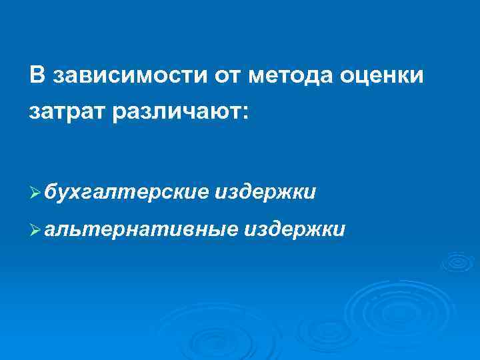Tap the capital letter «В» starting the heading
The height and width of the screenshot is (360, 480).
[37, 75]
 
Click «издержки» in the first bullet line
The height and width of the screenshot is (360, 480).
[266, 193]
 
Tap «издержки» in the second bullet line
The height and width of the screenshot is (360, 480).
[295, 230]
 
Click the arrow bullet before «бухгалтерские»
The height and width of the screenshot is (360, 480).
[37, 194]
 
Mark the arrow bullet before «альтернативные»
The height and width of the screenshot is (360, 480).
[37, 231]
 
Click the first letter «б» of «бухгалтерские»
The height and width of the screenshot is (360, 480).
[51, 193]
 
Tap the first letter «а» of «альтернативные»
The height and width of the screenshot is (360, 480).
[51, 231]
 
